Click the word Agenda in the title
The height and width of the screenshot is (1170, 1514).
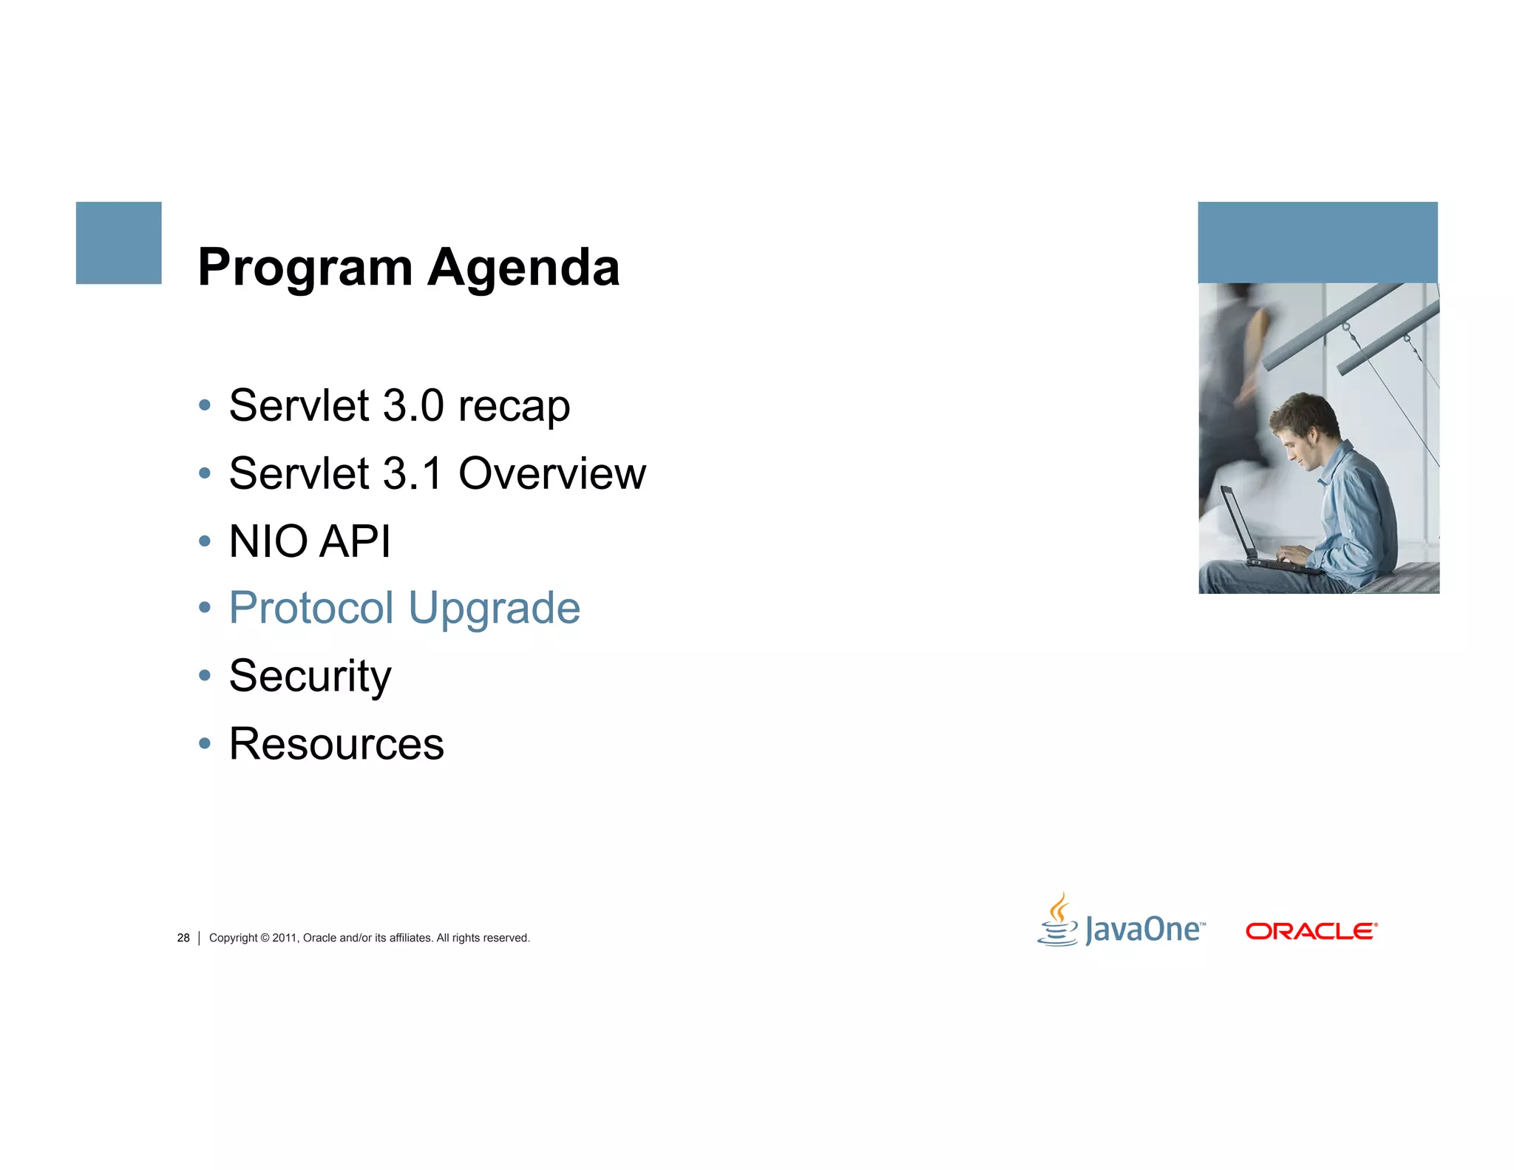click(x=523, y=268)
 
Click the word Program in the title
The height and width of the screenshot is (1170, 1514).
click(x=305, y=268)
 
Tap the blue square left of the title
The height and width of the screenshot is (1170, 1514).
click(x=118, y=243)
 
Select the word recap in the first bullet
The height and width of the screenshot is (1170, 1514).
click(x=514, y=407)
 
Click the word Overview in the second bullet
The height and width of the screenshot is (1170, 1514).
click(x=552, y=473)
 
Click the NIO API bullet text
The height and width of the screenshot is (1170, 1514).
click(x=309, y=541)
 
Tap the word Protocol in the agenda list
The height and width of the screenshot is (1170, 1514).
click(x=311, y=609)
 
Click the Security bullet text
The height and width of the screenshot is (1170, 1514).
click(x=310, y=676)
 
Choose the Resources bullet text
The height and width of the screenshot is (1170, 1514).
click(x=336, y=744)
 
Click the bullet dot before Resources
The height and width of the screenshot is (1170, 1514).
click(x=205, y=743)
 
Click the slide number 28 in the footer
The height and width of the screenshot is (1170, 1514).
click(x=183, y=938)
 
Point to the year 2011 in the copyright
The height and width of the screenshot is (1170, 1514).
click(x=284, y=938)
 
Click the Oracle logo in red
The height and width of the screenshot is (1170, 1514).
click(x=1311, y=931)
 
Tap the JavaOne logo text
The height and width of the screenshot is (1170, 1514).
click(x=1143, y=930)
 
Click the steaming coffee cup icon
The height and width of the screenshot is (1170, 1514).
click(x=1059, y=921)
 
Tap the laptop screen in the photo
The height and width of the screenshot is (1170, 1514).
click(x=1236, y=521)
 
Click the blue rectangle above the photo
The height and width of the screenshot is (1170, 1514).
click(x=1317, y=242)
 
